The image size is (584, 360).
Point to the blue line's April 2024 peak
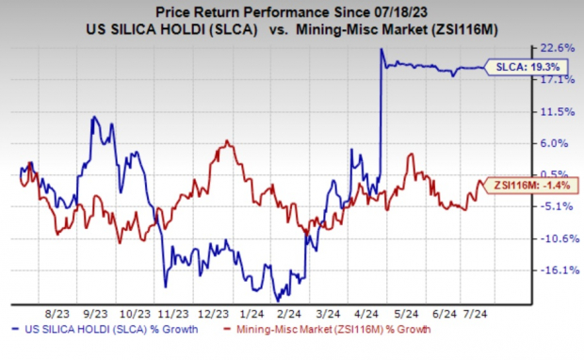381,50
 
